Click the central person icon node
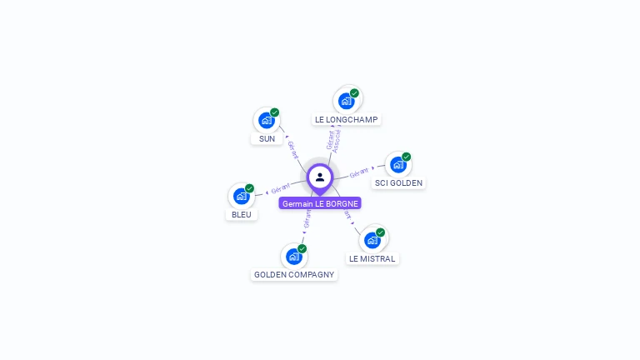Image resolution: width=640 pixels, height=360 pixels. [320, 177]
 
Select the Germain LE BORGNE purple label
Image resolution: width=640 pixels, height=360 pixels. [320, 203]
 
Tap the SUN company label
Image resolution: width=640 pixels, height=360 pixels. [267, 138]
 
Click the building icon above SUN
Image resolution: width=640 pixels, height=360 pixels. [266, 120]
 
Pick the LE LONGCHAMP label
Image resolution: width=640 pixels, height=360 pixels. [347, 119]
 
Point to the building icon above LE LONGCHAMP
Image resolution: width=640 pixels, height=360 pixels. [347, 100]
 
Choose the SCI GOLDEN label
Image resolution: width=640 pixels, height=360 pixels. [398, 182]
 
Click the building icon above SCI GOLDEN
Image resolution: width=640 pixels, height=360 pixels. [397, 164]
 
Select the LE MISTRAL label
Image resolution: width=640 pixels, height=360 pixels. [372, 258]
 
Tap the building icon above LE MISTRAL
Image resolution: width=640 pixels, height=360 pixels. [372, 240]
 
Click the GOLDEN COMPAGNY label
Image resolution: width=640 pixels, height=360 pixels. [294, 274]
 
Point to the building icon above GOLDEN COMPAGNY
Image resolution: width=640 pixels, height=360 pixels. [293, 257]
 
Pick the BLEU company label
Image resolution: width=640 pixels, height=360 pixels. [242, 214]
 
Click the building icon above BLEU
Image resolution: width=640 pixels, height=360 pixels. [242, 196]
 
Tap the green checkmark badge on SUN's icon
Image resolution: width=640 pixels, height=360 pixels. [275, 112]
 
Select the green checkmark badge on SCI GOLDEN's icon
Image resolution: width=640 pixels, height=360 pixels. [407, 157]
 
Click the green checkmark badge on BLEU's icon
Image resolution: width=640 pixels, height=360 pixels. [250, 188]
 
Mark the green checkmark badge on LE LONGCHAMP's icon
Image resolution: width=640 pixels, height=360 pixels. [355, 93]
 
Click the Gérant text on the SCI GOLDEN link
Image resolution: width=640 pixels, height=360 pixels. [359, 172]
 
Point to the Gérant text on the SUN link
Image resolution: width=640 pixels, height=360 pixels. [292, 149]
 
